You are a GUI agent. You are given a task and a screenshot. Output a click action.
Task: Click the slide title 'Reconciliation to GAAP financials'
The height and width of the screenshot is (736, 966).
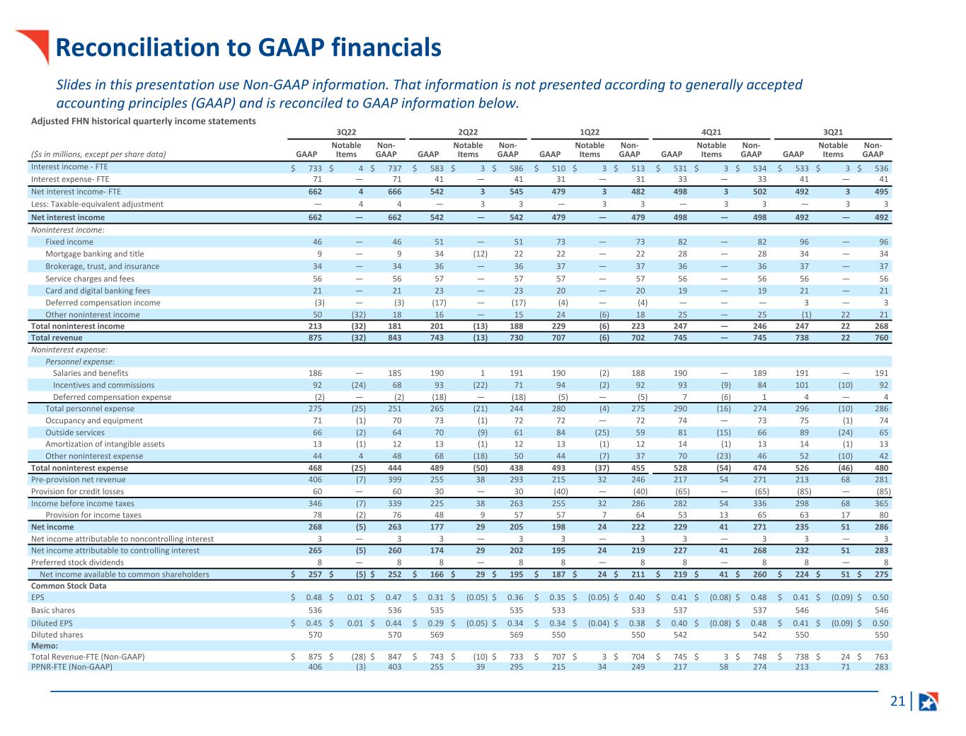pyautogui.click(x=248, y=47)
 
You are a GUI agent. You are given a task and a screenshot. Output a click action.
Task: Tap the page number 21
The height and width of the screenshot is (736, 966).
pyautogui.click(x=897, y=701)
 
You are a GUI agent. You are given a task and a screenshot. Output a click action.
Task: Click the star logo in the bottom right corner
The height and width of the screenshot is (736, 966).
pyautogui.click(x=928, y=701)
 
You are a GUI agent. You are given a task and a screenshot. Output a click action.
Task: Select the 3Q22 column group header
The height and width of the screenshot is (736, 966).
pyautogui.click(x=346, y=132)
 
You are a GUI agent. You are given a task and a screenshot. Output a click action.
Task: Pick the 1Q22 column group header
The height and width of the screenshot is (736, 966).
pyautogui.click(x=589, y=132)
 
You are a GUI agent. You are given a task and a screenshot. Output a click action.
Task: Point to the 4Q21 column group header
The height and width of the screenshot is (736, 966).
pyautogui.click(x=711, y=132)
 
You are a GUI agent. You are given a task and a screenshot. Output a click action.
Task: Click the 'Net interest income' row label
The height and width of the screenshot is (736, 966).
pyautogui.click(x=68, y=217)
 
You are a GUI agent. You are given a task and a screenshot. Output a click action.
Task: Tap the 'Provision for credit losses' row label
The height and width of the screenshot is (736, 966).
pyautogui.click(x=77, y=491)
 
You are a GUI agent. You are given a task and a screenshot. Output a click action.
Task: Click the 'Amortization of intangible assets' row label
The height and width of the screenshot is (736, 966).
pyautogui.click(x=105, y=444)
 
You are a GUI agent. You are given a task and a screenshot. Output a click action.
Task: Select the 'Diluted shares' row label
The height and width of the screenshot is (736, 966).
pyautogui.click(x=57, y=635)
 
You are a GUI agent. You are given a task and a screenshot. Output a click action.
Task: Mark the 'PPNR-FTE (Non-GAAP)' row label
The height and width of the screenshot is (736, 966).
pyautogui.click(x=71, y=667)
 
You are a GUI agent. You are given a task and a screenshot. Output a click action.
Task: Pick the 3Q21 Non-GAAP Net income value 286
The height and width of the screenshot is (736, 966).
pyautogui.click(x=881, y=527)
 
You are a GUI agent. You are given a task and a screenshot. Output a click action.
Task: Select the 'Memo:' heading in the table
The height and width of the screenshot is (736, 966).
pyautogui.click(x=45, y=645)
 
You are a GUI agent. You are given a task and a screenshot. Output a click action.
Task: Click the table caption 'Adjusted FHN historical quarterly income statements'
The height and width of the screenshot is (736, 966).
pyautogui.click(x=144, y=121)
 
